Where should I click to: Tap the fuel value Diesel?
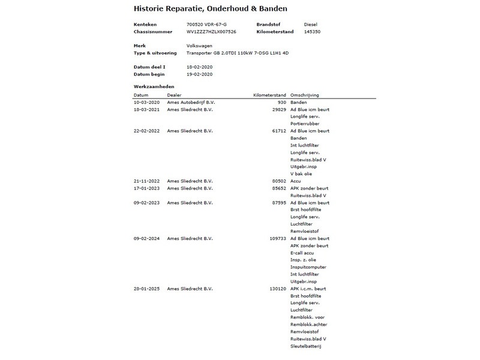tap(311, 23)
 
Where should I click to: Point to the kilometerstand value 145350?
tap(313, 31)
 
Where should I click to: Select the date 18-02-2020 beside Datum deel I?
tap(200, 67)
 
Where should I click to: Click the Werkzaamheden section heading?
tap(154, 87)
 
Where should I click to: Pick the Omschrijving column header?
tap(304, 95)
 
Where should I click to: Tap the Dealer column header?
tap(174, 95)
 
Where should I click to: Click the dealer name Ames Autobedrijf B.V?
tap(191, 102)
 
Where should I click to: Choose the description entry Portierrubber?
tap(304, 124)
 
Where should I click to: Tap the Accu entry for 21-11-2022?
tap(296, 181)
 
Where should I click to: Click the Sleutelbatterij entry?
tap(307, 346)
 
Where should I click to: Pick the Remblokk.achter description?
tap(310, 325)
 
